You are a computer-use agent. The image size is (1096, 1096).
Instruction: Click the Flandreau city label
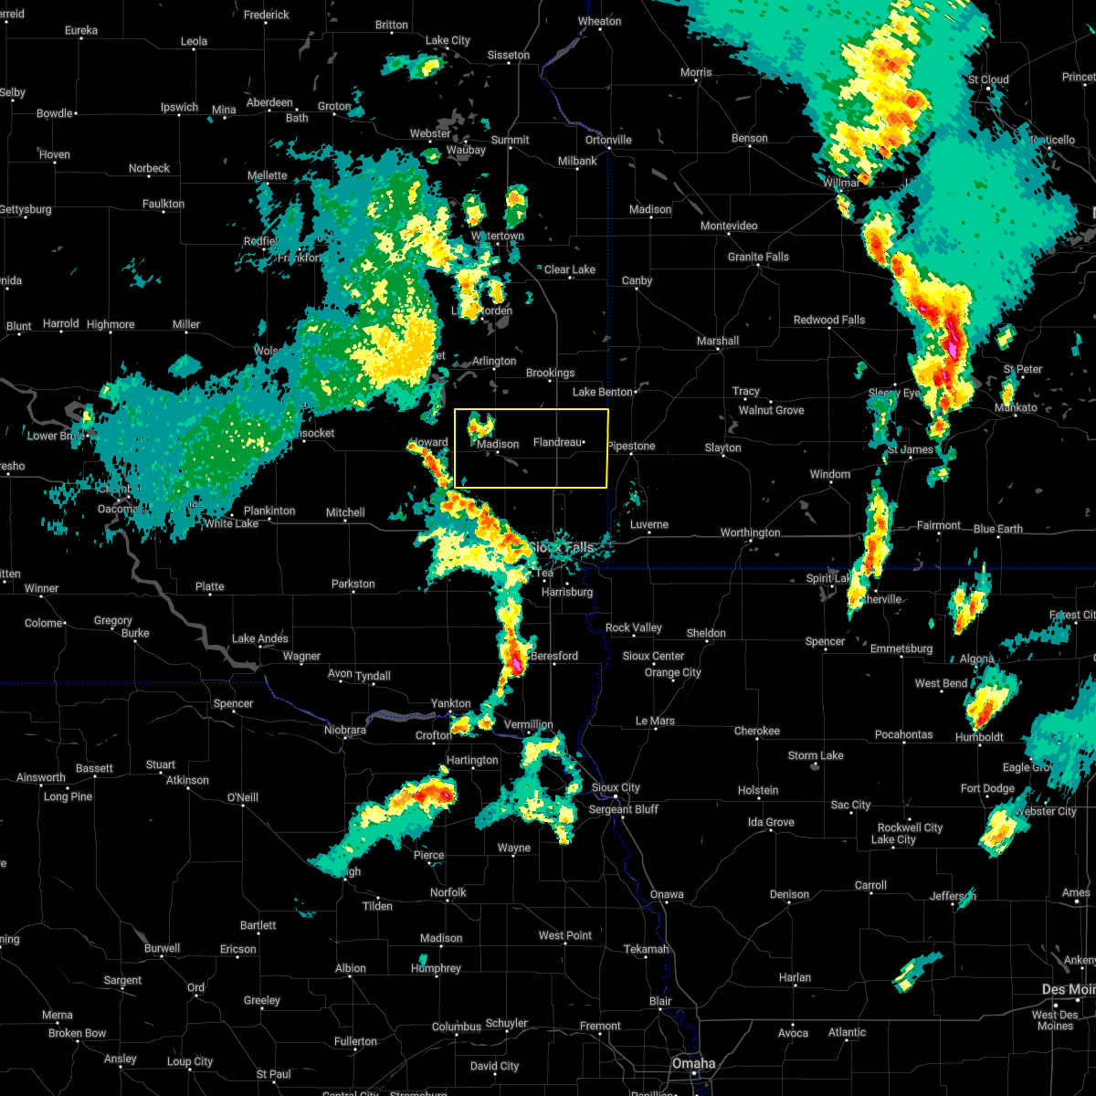pos(557,443)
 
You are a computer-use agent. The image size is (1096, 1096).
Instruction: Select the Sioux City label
pos(616,787)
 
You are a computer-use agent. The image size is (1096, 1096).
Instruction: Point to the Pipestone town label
pos(631,446)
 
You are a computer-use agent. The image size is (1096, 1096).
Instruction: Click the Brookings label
pos(550,373)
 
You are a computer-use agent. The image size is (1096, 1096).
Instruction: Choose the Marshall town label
pos(718,341)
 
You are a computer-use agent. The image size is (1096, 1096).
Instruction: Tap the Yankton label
pos(451,704)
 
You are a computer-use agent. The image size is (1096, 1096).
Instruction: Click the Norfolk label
pos(448,892)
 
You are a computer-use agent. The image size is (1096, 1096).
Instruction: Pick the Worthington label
pos(750,532)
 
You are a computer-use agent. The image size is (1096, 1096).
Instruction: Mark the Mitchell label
pos(345,512)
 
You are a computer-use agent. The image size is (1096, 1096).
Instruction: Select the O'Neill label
pos(242,797)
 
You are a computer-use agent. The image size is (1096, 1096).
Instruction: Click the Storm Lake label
pos(816,755)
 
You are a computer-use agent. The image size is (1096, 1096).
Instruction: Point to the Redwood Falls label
pos(829,320)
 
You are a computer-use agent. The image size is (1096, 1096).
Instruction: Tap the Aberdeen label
pos(269,102)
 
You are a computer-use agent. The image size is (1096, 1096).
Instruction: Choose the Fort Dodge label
pos(987,788)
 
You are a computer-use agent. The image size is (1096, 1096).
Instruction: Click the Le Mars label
pos(655,721)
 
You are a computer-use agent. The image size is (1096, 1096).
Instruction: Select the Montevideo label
pos(729,226)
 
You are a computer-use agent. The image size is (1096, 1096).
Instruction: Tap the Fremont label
pos(600,1026)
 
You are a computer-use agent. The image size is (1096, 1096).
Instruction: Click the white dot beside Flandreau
pos(584,443)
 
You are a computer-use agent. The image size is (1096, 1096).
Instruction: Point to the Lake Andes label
pos(260,638)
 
